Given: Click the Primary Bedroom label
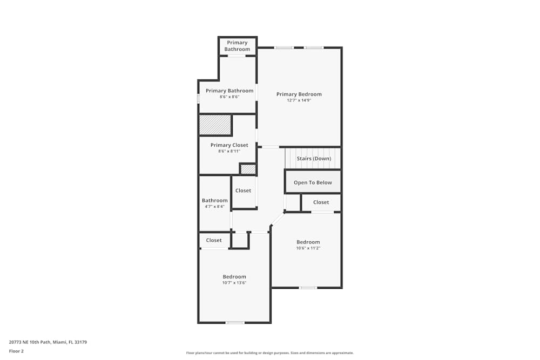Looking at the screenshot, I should tap(299, 94).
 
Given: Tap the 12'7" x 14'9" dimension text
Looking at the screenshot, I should tap(299, 100).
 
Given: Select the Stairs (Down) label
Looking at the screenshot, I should tap(314, 159).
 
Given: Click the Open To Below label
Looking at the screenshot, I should tap(313, 182).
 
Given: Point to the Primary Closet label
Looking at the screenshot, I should tap(229, 145).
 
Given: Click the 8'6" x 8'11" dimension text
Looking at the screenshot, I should tap(229, 151).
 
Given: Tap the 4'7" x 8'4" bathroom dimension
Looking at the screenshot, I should tap(214, 207).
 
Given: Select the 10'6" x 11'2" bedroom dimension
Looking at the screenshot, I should tap(308, 248).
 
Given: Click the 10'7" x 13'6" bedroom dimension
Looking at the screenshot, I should tap(234, 283).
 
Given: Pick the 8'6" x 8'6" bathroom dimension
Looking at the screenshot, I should tap(229, 97).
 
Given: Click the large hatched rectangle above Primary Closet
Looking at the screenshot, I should tap(215, 125).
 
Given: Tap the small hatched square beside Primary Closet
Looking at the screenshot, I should tap(248, 169).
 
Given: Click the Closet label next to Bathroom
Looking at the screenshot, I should tap(243, 191).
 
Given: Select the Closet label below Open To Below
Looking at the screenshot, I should tap(321, 202).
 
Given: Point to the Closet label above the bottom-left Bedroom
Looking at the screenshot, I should tap(214, 240).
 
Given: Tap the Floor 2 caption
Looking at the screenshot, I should tap(16, 351).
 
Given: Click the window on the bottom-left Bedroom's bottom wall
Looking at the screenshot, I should tap(235, 323).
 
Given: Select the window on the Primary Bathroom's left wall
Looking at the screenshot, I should tap(198, 99).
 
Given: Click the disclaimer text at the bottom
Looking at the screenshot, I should tap(270, 353).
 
